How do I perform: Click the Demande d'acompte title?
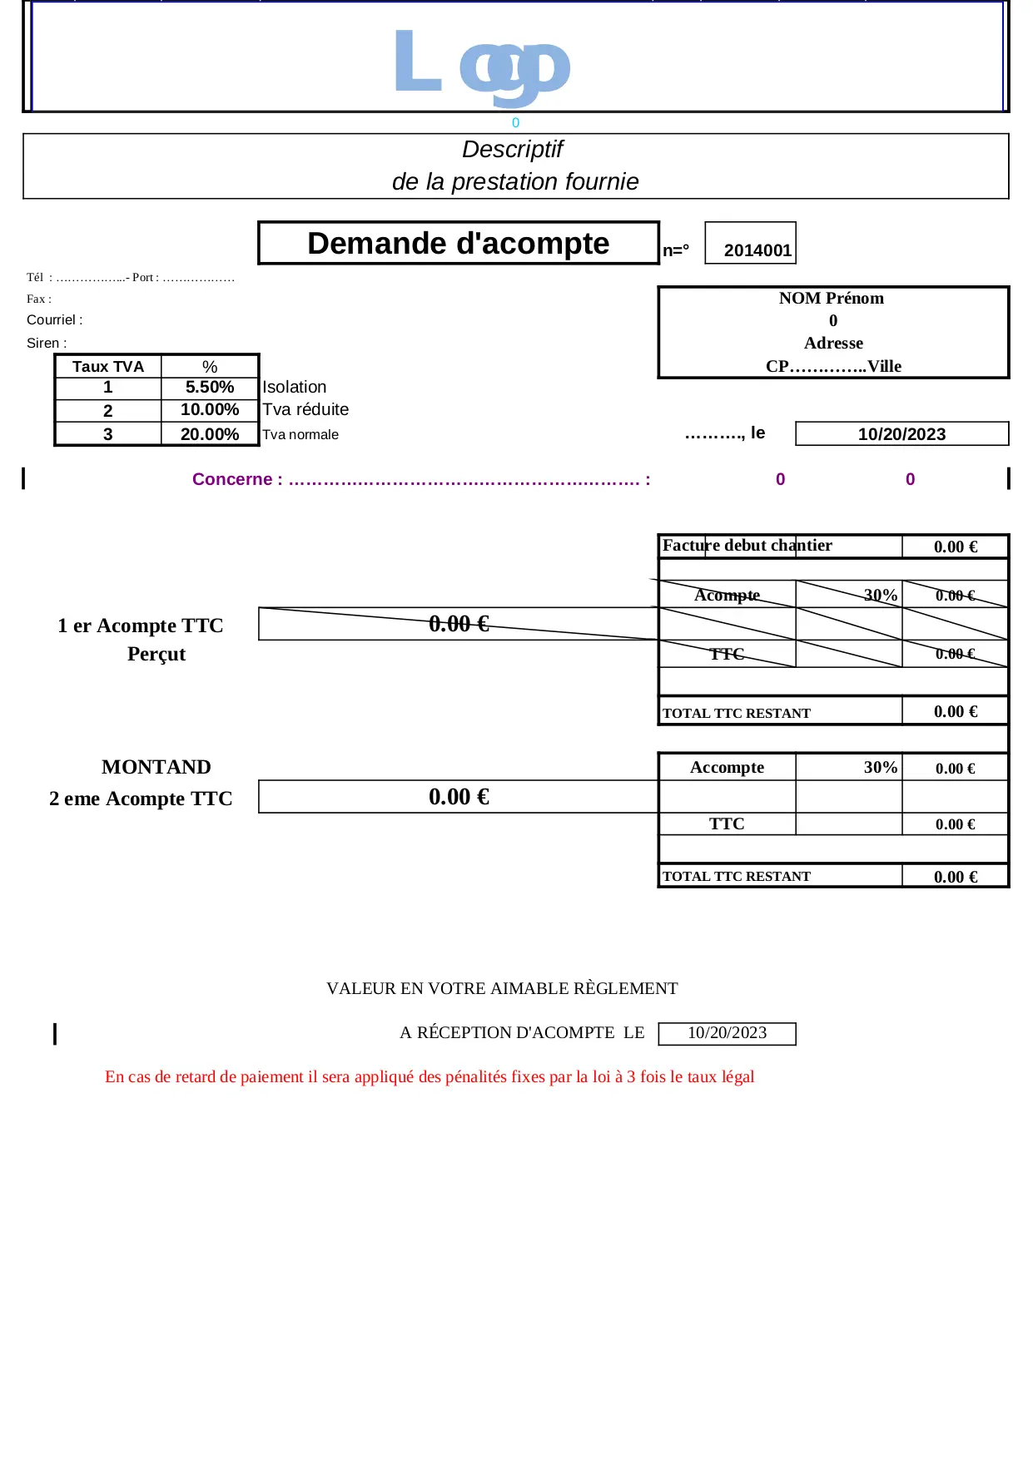pyautogui.click(x=458, y=243)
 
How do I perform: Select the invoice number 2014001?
pyautogui.click(x=757, y=250)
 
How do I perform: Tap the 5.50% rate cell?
pyautogui.click(x=210, y=388)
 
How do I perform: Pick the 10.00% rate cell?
pyautogui.click(x=210, y=410)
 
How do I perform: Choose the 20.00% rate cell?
pyautogui.click(x=210, y=434)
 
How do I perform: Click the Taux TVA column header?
pyautogui.click(x=108, y=367)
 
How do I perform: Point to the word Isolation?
pyautogui.click(x=294, y=388)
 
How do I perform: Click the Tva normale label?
pyautogui.click(x=300, y=434)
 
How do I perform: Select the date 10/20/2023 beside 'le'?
pyautogui.click(x=901, y=434)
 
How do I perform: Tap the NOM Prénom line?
pyautogui.click(x=832, y=299)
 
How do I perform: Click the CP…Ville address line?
pyautogui.click(x=833, y=366)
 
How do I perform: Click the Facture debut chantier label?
pyautogui.click(x=747, y=546)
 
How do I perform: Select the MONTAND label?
pyautogui.click(x=156, y=767)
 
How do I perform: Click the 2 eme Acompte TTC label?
pyautogui.click(x=141, y=799)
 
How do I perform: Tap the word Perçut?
pyautogui.click(x=156, y=654)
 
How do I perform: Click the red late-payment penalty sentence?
pyautogui.click(x=430, y=1076)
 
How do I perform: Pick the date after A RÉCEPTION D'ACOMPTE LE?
pyautogui.click(x=727, y=1033)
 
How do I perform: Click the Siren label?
pyautogui.click(x=47, y=344)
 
